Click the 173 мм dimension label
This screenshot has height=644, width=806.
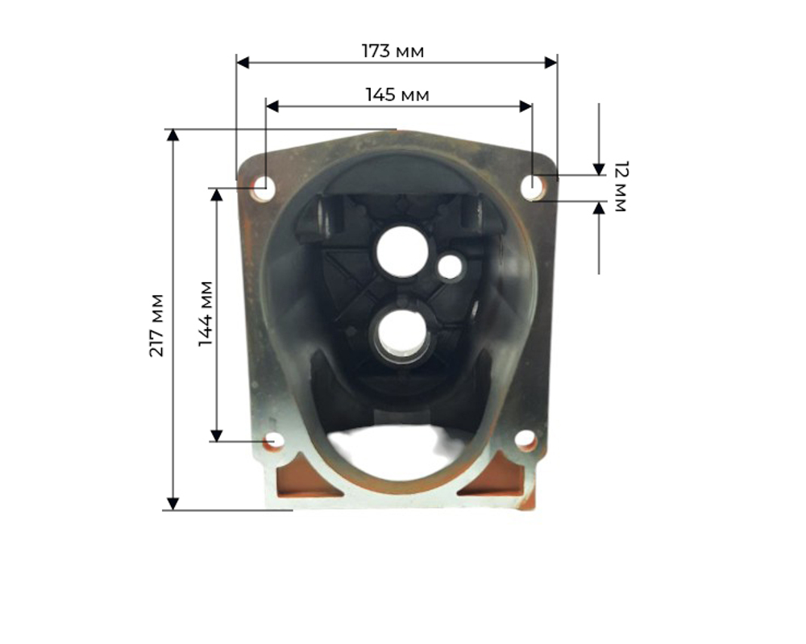coord(393,51)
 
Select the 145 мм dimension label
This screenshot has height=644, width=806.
coord(397,94)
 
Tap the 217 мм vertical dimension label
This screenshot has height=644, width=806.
coord(157,325)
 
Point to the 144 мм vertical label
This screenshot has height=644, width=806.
coord(206,314)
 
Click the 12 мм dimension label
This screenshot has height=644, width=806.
coord(619,186)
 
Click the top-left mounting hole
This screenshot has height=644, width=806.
coord(262,189)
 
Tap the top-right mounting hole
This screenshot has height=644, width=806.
coord(532,188)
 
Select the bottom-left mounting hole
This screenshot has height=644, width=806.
coord(274,441)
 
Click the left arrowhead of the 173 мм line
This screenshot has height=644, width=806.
coord(242,62)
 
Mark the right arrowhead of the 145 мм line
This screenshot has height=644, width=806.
coord(526,106)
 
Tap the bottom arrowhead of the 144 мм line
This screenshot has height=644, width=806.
coord(216,435)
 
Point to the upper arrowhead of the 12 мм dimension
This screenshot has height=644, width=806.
coord(598,168)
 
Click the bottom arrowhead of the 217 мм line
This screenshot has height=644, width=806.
coord(172,504)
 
